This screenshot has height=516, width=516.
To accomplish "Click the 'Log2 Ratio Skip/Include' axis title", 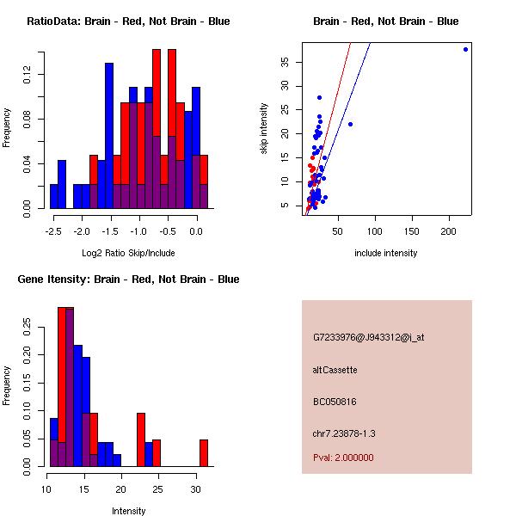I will pos(128,253).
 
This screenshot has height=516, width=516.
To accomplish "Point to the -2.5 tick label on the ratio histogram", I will pos(53,231).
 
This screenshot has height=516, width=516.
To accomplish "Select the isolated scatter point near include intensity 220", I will pos(465,49).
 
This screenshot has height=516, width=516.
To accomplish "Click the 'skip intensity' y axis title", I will pos(264,129).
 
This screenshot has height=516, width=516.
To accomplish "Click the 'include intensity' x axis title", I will pos(385,253).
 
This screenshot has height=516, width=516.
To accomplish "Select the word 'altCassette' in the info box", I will pos(335,370).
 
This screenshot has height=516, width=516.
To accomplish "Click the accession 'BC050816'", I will pos(335,402).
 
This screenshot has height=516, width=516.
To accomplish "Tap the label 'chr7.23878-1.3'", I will pos(344,433).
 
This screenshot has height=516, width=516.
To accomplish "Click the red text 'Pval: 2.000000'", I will pos(343,458).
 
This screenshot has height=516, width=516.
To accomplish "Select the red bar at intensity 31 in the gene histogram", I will pos(204,453).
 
